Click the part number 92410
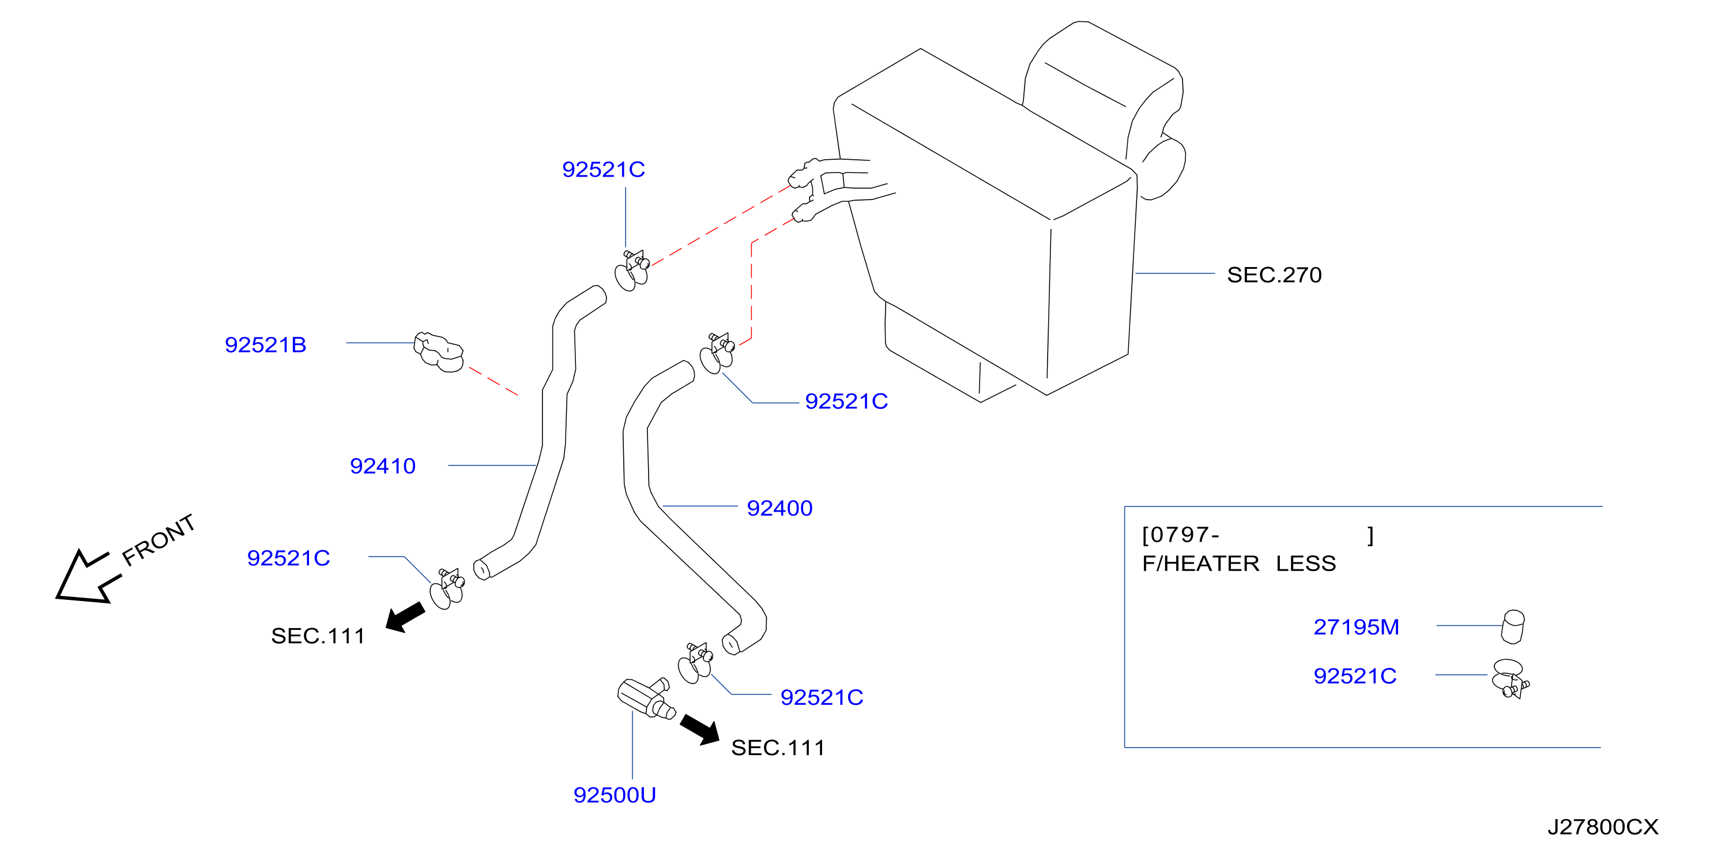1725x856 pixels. (x=382, y=465)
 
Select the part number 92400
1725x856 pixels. (x=779, y=508)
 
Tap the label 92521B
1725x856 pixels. (x=265, y=344)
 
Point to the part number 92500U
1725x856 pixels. (x=614, y=794)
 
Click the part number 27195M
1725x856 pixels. (x=1356, y=626)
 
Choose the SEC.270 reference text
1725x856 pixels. (x=1274, y=275)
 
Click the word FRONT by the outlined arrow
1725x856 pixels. (x=159, y=539)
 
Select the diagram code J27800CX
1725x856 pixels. (x=1602, y=827)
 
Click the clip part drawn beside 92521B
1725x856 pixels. (x=439, y=352)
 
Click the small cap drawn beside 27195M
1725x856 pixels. (x=1513, y=626)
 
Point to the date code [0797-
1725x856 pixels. (x=1180, y=535)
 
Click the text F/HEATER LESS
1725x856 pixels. (x=1239, y=564)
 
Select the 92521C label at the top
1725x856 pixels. (x=604, y=170)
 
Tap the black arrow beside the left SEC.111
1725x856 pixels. (x=405, y=617)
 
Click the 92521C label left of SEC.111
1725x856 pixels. (x=289, y=558)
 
